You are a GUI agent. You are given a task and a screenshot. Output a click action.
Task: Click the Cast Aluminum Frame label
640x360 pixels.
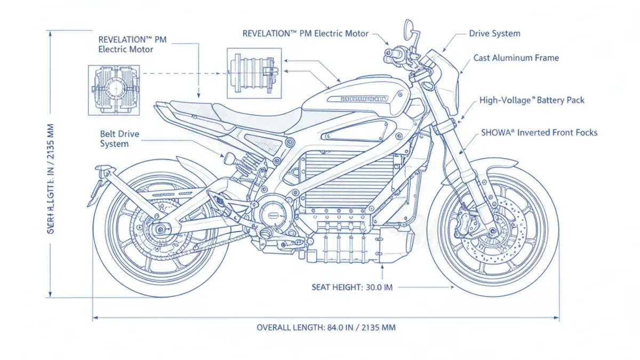[516, 58]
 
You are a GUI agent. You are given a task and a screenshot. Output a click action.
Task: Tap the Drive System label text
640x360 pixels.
[494, 34]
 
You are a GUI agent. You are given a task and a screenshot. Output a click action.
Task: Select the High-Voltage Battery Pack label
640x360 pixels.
[531, 100]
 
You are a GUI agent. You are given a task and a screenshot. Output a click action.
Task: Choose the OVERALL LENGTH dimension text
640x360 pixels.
[326, 327]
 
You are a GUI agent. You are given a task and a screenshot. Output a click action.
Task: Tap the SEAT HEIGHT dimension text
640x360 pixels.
[351, 287]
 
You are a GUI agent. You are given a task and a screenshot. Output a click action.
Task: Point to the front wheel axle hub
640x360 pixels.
[492, 231]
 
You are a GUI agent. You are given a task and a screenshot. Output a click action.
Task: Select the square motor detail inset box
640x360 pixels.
[254, 73]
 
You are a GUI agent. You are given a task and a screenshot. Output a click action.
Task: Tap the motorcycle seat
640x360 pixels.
[256, 113]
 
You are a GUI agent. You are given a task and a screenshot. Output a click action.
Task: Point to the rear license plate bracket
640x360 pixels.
[101, 179]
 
